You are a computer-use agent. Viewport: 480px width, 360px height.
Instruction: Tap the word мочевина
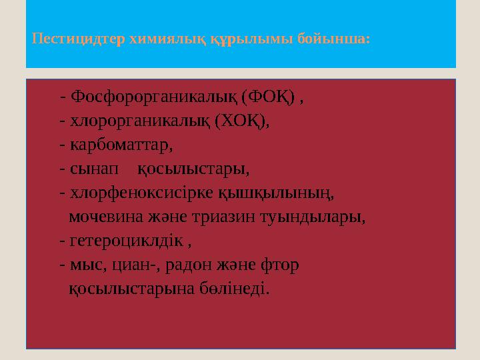pyautogui.click(x=105, y=217)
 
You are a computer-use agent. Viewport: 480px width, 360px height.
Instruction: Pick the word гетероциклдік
pyautogui.click(x=125, y=241)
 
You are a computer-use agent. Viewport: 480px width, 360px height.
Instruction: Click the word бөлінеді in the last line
pyautogui.click(x=233, y=289)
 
